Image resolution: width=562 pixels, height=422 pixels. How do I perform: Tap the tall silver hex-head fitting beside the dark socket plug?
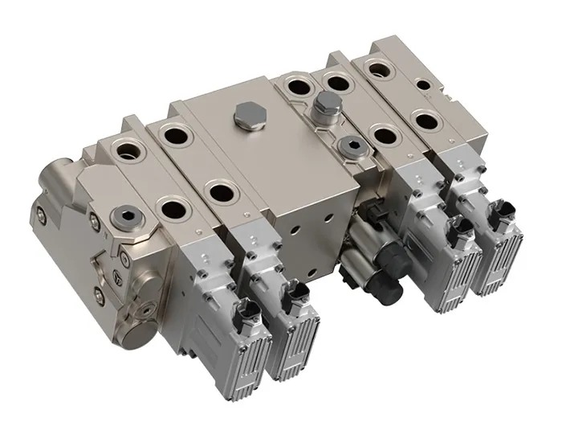coord(325,106)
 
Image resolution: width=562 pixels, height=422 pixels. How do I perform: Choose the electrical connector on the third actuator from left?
coord(458,232)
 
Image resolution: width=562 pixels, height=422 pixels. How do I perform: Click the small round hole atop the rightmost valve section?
coord(422,83)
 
